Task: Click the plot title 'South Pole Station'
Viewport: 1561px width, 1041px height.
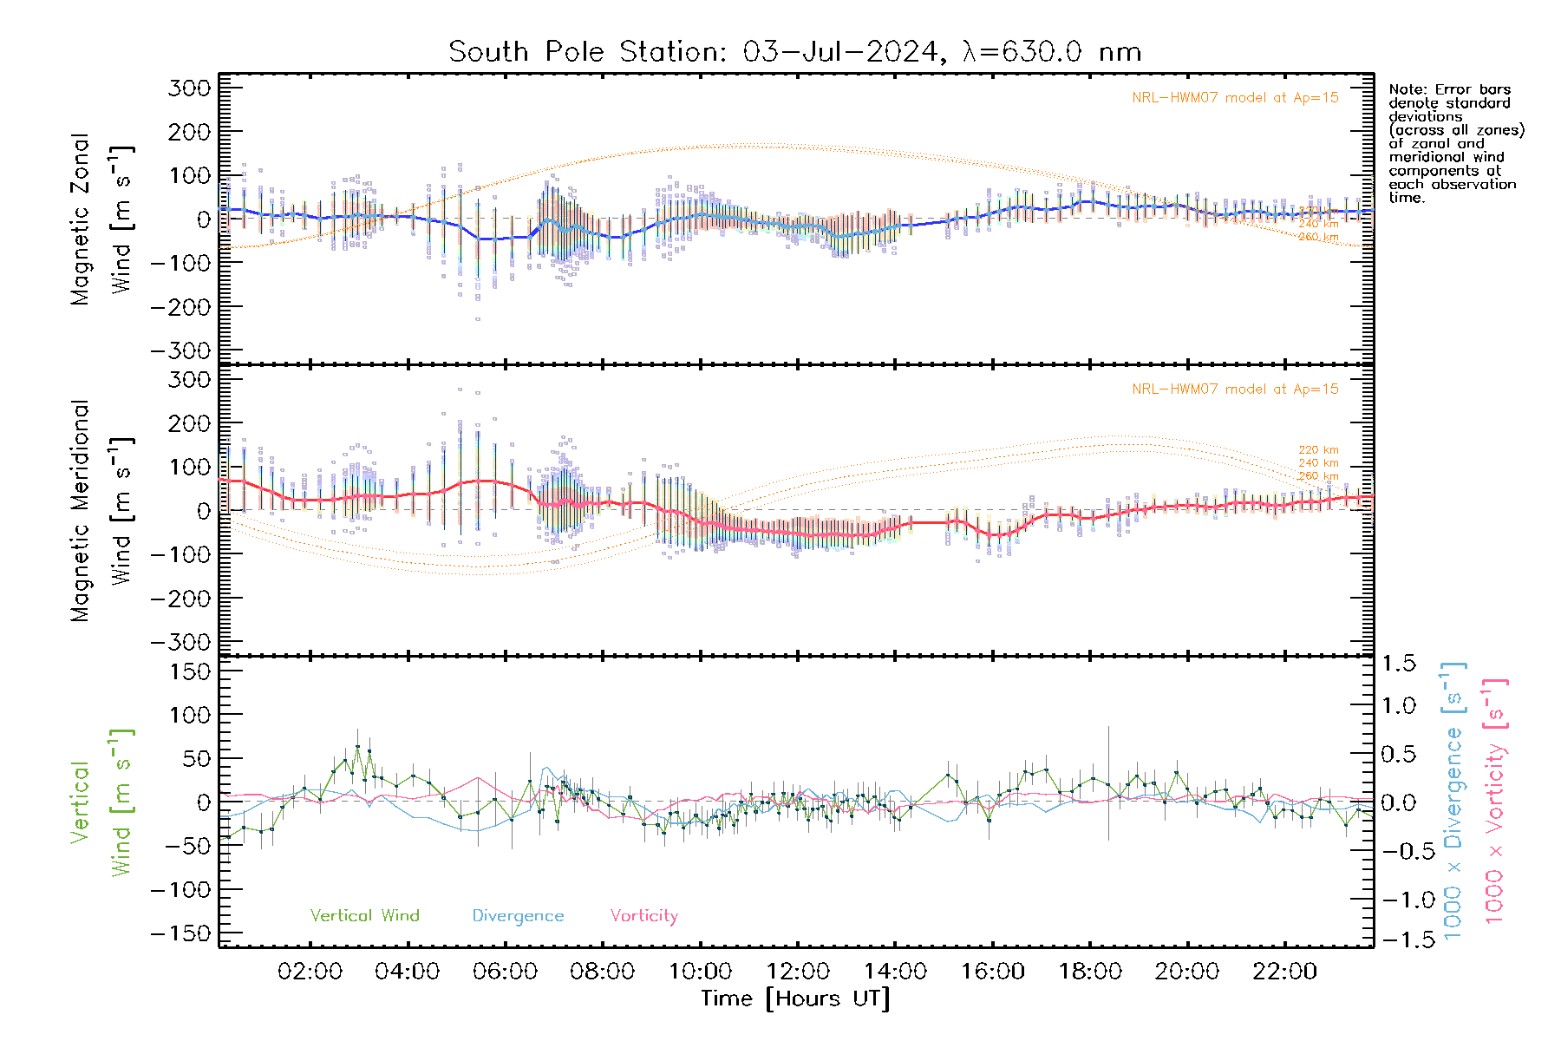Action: [x=585, y=52]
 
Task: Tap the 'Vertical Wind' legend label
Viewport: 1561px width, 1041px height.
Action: [x=364, y=915]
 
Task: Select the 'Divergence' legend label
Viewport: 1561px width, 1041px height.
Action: [x=518, y=915]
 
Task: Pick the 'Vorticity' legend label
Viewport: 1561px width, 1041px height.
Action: [x=643, y=915]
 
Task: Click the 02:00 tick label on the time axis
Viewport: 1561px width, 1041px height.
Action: [x=310, y=971]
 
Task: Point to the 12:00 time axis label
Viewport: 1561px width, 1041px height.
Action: [x=798, y=971]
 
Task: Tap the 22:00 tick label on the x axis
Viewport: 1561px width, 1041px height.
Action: [x=1284, y=971]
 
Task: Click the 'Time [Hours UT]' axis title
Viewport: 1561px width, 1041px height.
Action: [x=795, y=998]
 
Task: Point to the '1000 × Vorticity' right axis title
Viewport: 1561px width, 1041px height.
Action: [x=1495, y=802]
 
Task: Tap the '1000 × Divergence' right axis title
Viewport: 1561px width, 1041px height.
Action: [x=1453, y=802]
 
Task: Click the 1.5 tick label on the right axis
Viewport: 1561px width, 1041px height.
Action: [x=1398, y=664]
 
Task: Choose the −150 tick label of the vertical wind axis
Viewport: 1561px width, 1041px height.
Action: [x=180, y=933]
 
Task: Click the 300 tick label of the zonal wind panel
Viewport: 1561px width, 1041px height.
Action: [x=189, y=88]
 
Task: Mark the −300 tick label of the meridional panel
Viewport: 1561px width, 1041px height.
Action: [x=180, y=642]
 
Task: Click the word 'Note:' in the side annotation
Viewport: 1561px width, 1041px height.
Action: [x=1407, y=89]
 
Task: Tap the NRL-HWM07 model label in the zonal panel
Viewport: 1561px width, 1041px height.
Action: [x=1235, y=98]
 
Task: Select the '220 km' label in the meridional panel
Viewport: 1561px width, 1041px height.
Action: [x=1318, y=450]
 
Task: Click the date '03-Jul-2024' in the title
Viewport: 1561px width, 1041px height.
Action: [x=839, y=52]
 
